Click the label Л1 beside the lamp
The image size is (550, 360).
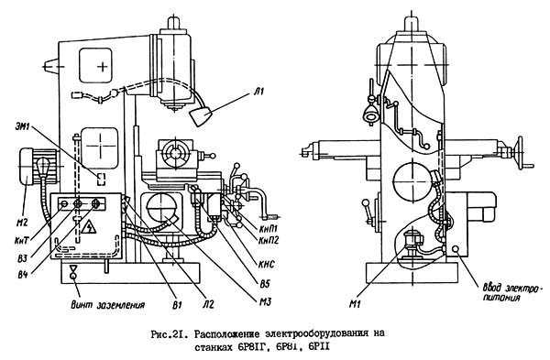tap(258, 92)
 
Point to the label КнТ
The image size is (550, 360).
tap(21, 241)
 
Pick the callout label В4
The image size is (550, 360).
tap(23, 275)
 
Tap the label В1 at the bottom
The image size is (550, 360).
tap(177, 305)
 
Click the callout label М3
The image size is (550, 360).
tap(265, 301)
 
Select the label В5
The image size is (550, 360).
tap(265, 284)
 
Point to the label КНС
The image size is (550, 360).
tap(267, 264)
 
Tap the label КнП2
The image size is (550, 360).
tap(269, 241)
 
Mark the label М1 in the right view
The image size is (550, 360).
tap(355, 304)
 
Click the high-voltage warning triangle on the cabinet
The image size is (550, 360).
tap(88, 227)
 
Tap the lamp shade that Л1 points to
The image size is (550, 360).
tap(200, 117)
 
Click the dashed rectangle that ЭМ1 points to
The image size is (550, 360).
tap(101, 180)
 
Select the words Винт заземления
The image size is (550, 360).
tap(108, 305)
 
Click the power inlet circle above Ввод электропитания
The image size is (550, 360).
tap(456, 249)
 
